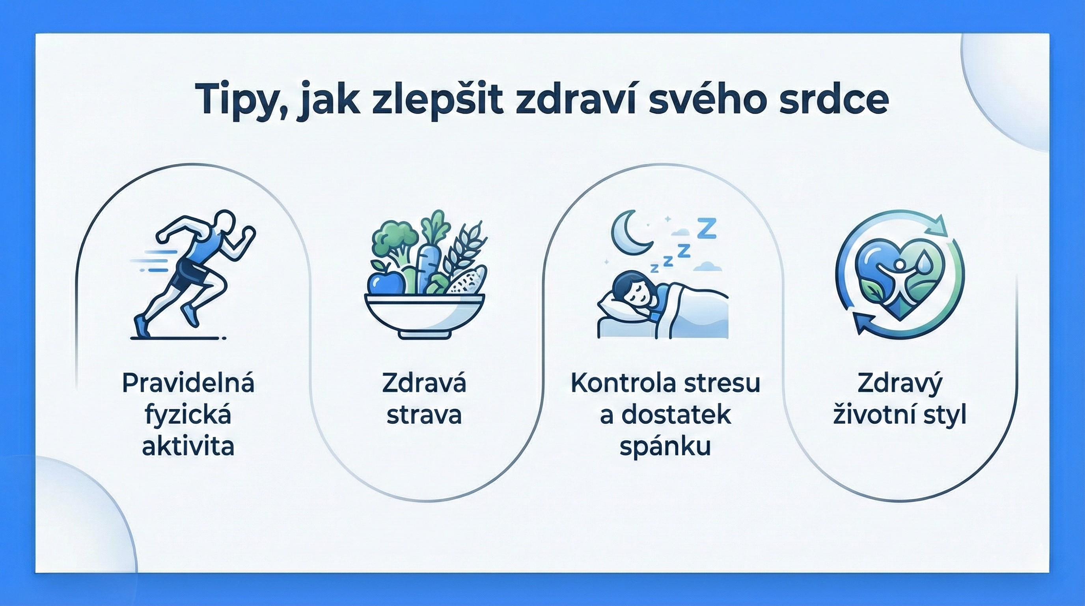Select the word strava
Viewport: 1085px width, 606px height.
tap(424, 415)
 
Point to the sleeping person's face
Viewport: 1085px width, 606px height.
tap(634, 295)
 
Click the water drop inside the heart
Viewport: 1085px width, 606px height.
tap(923, 264)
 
